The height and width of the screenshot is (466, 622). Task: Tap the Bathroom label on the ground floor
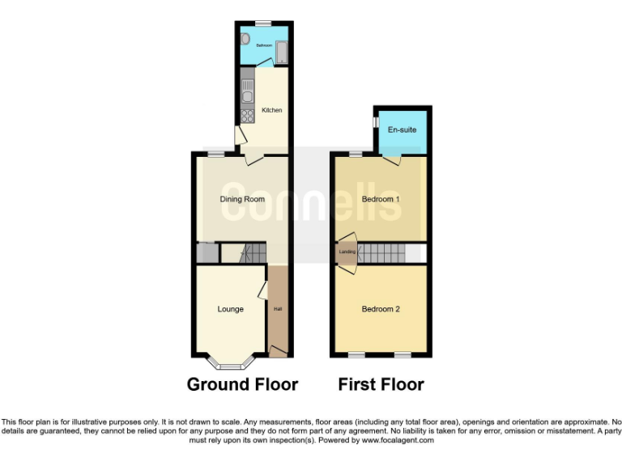(263, 45)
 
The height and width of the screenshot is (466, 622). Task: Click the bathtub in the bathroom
(281, 53)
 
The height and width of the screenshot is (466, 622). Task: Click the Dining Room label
(243, 199)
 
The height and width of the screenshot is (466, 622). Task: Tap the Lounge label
(230, 309)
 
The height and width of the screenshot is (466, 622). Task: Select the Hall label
(278, 309)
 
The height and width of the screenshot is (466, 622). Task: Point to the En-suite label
(402, 129)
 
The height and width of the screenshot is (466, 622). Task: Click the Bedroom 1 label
(381, 199)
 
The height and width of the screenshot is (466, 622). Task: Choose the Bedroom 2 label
(381, 309)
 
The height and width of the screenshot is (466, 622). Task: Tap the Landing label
(347, 253)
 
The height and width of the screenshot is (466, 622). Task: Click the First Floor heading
(381, 384)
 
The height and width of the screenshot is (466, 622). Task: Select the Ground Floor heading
(242, 384)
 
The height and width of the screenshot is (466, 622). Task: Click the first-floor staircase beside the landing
(386, 253)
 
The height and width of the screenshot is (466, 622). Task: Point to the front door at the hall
(278, 350)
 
